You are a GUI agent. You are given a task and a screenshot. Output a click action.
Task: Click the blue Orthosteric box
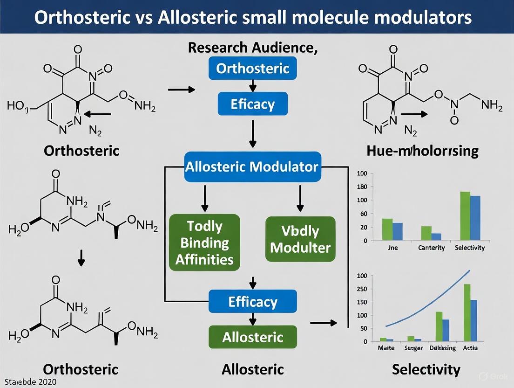[x=253, y=69]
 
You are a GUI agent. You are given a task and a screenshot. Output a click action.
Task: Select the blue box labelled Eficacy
[x=253, y=104]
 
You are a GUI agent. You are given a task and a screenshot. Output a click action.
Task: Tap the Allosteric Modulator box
[x=252, y=166]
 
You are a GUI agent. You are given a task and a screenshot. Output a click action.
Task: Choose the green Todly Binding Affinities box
[x=204, y=242]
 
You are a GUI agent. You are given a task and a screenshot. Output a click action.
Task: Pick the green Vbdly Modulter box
[x=300, y=239]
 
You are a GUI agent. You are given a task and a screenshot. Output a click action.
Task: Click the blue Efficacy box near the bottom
[x=252, y=301]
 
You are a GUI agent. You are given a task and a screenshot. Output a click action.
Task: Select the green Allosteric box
[x=252, y=337]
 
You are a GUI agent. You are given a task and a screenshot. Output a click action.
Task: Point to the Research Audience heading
[x=253, y=48]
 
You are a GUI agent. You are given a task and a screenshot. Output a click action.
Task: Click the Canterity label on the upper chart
[x=432, y=248]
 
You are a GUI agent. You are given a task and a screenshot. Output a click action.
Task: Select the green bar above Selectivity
[x=465, y=216]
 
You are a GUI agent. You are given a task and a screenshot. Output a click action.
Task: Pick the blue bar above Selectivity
[x=475, y=218]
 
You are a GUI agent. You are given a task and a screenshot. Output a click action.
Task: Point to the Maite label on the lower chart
[x=386, y=348]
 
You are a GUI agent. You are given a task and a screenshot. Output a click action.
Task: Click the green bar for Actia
[x=467, y=312]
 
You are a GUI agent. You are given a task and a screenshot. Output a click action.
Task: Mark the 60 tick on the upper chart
[x=363, y=214]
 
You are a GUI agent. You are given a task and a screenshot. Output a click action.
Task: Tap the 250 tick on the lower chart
[x=362, y=289]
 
